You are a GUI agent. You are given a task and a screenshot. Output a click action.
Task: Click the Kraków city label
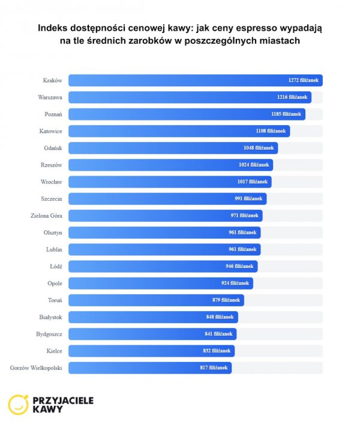tap(53, 80)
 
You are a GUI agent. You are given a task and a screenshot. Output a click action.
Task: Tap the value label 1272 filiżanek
tap(303, 80)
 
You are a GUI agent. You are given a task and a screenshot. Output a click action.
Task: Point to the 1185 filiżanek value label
tap(286, 114)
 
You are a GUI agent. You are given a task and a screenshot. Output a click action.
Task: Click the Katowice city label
tap(50, 131)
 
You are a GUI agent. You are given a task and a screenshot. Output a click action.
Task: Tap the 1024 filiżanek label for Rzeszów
tap(254, 165)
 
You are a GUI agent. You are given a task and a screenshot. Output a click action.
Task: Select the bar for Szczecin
tap(167, 198)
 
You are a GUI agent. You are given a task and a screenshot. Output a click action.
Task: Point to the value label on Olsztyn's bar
tap(242, 232)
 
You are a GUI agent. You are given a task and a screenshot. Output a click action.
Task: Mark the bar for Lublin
tap(164, 249)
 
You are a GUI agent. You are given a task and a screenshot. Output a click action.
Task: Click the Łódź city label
tap(56, 266)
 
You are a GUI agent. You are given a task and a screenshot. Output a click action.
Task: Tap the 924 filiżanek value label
tap(235, 283)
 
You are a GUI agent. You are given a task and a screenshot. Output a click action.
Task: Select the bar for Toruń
tap(156, 300)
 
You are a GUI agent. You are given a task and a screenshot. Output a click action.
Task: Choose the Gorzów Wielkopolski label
tap(37, 367)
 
